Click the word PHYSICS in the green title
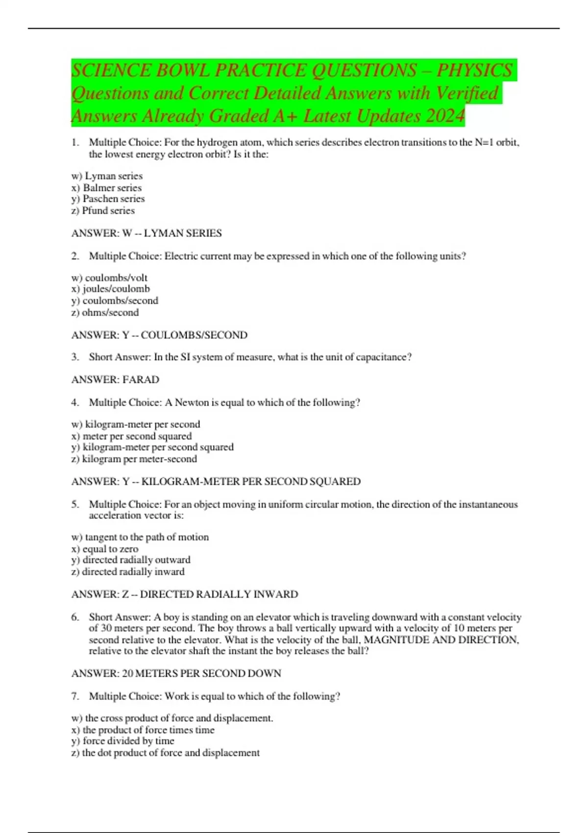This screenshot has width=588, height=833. pyautogui.click(x=474, y=70)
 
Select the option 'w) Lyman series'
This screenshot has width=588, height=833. pyautogui.click(x=107, y=176)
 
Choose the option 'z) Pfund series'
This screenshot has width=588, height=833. pyautogui.click(x=103, y=211)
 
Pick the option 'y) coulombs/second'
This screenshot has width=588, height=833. pyautogui.click(x=115, y=301)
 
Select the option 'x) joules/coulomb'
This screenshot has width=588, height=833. pyautogui.click(x=111, y=289)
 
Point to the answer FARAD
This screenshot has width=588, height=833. pyautogui.click(x=141, y=380)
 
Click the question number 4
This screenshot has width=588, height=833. pyautogui.click(x=74, y=403)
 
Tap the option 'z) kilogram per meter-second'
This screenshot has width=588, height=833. pyautogui.click(x=134, y=459)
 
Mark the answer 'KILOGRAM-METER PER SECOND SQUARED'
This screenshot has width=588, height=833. pyautogui.click(x=251, y=482)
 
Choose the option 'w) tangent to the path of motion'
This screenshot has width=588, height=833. pyautogui.click(x=140, y=537)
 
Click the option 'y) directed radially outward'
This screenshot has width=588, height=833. pyautogui.click(x=131, y=560)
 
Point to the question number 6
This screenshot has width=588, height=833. pyautogui.click(x=74, y=617)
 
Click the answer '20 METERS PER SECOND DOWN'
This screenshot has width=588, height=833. pyautogui.click(x=201, y=674)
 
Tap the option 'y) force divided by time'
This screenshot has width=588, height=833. pyautogui.click(x=122, y=741)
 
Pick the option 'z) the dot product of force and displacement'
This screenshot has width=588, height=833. pyautogui.click(x=166, y=753)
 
